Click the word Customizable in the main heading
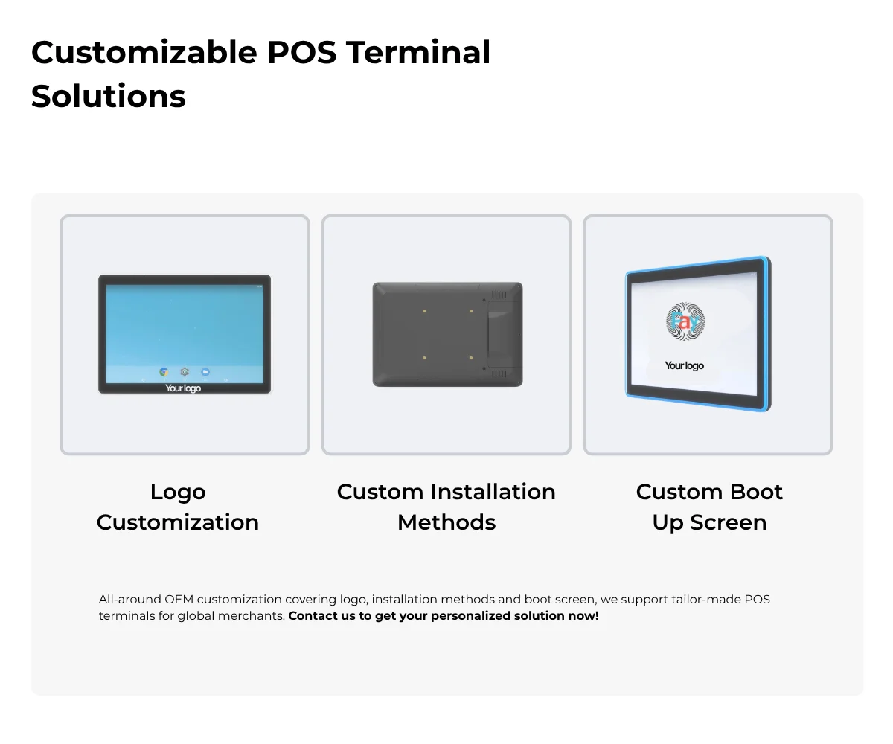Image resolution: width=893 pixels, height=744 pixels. coord(144,53)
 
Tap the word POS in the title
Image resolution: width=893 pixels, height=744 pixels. coord(301,53)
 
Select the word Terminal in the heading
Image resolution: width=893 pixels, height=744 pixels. coord(417,53)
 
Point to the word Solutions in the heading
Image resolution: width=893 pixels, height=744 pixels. coord(109,96)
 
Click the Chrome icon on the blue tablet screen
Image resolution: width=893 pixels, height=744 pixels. coord(164,372)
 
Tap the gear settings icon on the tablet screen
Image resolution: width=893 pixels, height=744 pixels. coord(185,372)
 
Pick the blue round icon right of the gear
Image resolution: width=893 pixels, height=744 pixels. coord(205,372)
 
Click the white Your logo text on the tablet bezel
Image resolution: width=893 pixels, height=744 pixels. coord(183,388)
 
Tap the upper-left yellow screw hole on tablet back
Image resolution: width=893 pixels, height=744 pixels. coord(424,311)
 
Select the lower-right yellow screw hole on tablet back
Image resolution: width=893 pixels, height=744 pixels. coord(471,357)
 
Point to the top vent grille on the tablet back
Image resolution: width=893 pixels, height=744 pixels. coord(499,295)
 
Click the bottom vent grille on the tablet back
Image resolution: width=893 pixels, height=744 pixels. coord(499,373)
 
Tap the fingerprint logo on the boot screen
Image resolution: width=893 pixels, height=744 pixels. coord(685,321)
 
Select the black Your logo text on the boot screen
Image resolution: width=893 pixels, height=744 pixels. coord(685,365)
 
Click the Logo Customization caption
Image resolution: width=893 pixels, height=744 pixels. coord(178,507)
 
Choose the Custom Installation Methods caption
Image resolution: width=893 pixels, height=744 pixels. coord(446,507)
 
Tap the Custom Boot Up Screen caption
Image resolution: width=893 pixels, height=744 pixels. coord(709,507)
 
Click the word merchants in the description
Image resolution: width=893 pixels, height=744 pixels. coord(252,616)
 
